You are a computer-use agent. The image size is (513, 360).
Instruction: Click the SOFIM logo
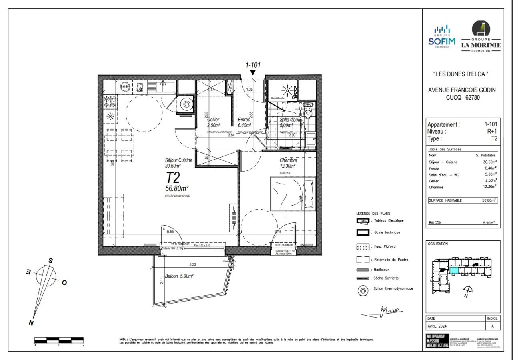pyautogui.click(x=442, y=37)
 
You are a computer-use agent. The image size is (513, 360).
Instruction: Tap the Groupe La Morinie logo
pyautogui.click(x=481, y=36)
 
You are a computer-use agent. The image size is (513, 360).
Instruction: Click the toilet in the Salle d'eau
pyautogui.click(x=308, y=112)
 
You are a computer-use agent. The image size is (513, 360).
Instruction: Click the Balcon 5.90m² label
pyautogui.click(x=179, y=276)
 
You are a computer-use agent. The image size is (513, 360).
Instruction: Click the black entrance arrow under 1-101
pyautogui.click(x=253, y=72)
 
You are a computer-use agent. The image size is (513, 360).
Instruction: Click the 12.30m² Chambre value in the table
pyautogui.click(x=489, y=187)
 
